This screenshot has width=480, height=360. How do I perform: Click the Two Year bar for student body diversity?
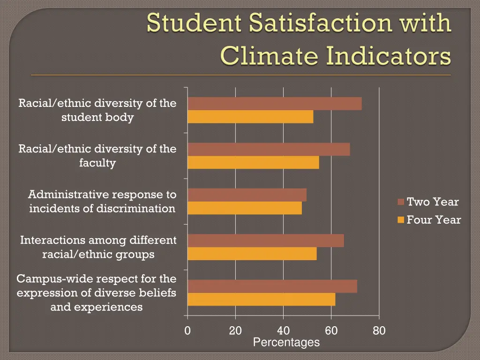(275, 104)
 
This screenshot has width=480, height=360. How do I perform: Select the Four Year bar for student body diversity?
(250, 117)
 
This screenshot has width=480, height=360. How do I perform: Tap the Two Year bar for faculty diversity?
(269, 149)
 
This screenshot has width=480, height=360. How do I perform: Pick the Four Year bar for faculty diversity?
(253, 162)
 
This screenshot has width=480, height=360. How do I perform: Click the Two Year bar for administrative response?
(247, 195)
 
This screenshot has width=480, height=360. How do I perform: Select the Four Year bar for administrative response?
(245, 208)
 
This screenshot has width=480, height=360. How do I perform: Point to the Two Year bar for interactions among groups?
(266, 240)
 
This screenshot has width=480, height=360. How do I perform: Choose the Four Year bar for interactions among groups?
(252, 254)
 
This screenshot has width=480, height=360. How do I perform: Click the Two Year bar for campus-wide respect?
(272, 286)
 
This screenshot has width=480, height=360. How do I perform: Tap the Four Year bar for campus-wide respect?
(262, 299)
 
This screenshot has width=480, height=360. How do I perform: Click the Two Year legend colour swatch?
(401, 202)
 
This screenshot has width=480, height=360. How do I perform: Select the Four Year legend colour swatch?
(401, 220)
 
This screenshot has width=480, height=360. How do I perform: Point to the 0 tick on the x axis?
(187, 331)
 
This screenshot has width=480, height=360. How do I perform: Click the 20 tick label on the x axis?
(235, 331)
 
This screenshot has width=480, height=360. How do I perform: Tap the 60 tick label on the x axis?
(331, 331)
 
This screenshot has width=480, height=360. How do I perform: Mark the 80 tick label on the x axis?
(379, 331)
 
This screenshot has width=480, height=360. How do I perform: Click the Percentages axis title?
(286, 343)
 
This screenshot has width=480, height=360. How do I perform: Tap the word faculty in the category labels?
(97, 163)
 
